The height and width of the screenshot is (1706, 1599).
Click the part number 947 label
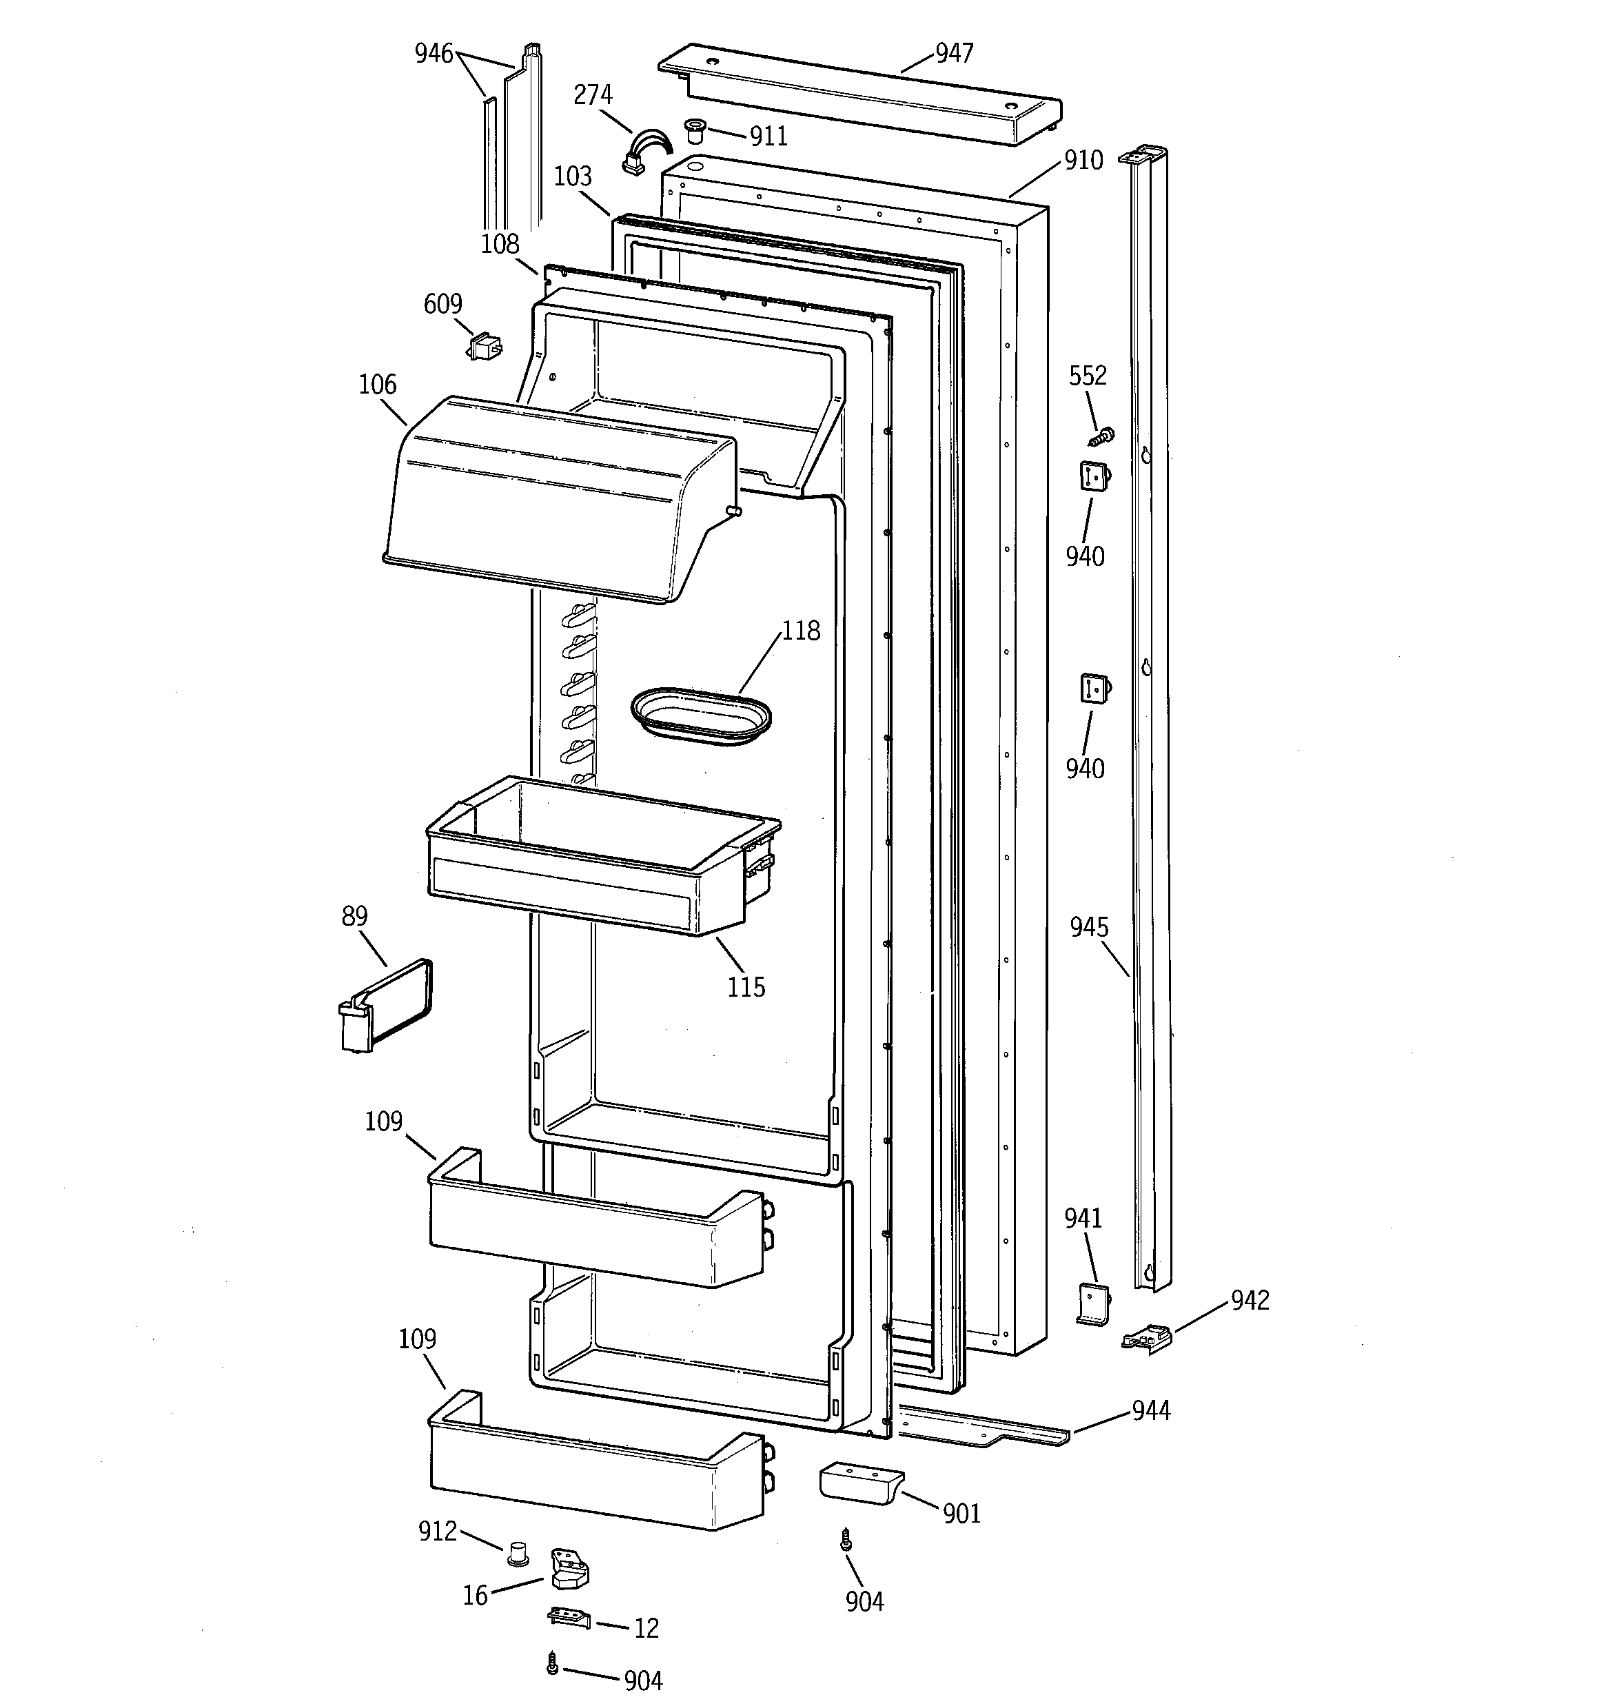tap(954, 53)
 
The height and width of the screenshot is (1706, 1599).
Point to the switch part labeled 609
tap(484, 347)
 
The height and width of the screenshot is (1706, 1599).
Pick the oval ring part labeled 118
tap(700, 715)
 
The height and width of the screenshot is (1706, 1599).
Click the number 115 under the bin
tap(746, 987)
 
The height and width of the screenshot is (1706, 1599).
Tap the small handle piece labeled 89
tap(382, 1006)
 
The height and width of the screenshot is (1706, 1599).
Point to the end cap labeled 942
tap(1147, 1338)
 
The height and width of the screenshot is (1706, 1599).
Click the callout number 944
tap(1150, 1410)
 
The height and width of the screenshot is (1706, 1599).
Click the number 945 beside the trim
tap(1088, 927)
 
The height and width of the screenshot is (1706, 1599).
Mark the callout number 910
tap(1083, 161)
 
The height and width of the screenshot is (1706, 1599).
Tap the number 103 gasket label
tap(573, 176)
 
